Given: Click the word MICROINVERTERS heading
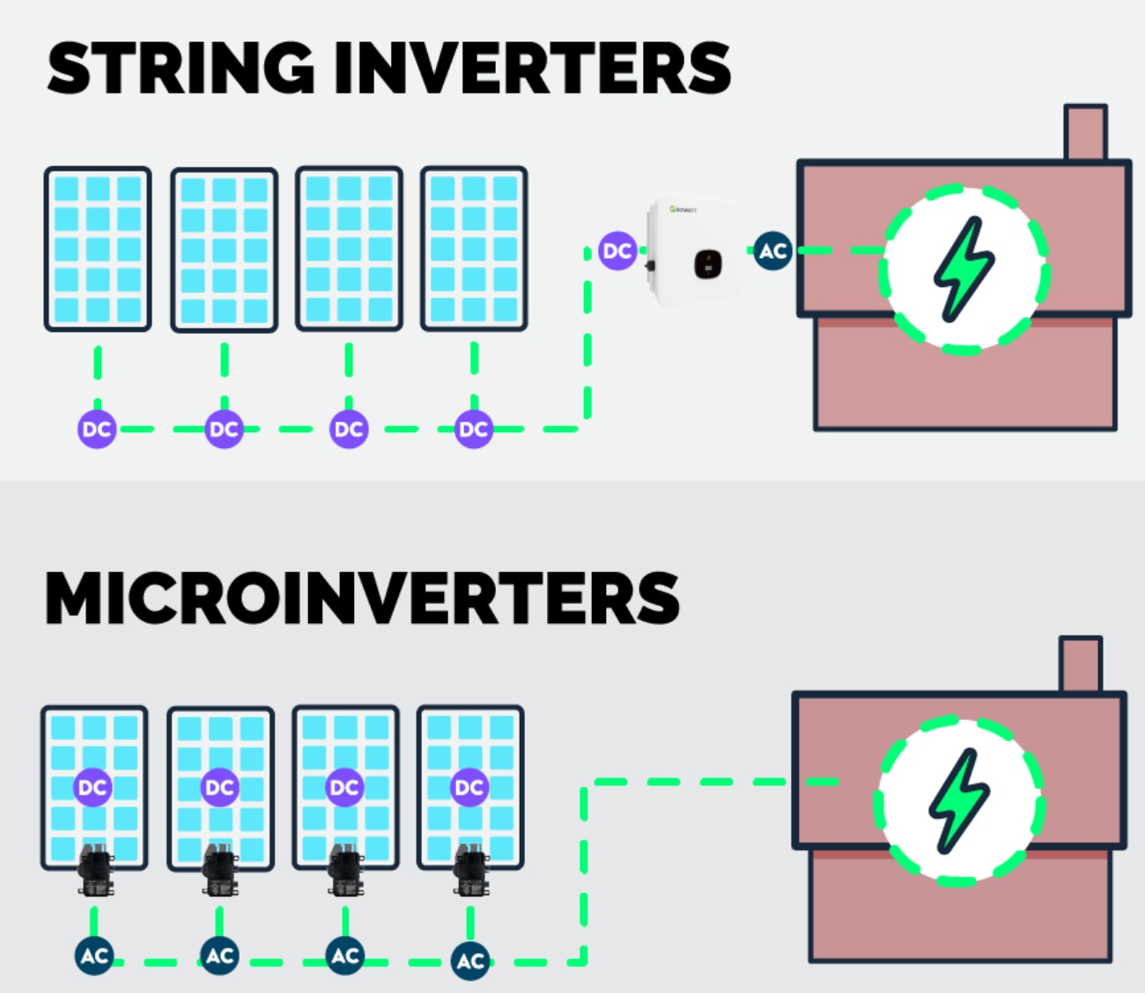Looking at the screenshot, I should tap(362, 599).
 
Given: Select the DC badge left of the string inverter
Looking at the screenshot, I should tap(617, 251).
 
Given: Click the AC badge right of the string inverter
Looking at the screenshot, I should tap(772, 252).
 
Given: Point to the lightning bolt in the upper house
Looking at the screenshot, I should tap(964, 268).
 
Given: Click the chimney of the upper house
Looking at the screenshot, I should tap(1085, 133).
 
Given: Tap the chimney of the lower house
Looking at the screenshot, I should tap(1080, 665).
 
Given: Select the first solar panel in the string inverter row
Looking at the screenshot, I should tap(98, 249).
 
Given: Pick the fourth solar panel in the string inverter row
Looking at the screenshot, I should tap(474, 249).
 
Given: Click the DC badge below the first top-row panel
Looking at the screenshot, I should tap(97, 430).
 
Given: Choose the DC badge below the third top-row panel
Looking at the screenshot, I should tap(349, 430).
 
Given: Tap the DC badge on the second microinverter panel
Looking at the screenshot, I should tap(218, 788).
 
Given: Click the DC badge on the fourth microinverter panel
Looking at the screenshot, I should tap(469, 788).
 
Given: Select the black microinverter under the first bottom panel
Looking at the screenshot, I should tap(95, 871).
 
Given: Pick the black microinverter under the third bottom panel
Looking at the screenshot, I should tap(345, 871).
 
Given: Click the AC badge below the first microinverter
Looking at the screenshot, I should tap(94, 956).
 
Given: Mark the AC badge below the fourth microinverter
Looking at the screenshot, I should tap(470, 960).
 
